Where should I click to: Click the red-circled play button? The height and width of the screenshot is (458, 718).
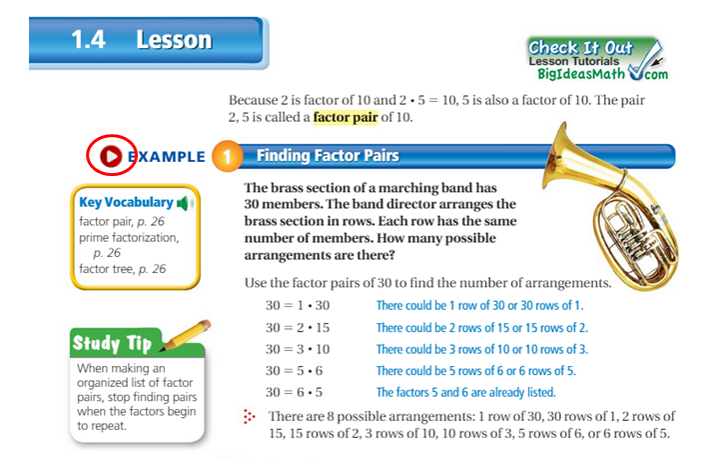(x=110, y=156)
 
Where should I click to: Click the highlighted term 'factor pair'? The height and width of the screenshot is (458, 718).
(x=347, y=118)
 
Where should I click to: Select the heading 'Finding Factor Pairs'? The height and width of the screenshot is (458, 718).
(x=328, y=156)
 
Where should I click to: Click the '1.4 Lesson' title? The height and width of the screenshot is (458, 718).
(x=141, y=41)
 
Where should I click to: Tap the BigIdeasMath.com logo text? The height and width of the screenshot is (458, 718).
(x=598, y=73)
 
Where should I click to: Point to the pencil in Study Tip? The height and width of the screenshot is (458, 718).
(x=185, y=334)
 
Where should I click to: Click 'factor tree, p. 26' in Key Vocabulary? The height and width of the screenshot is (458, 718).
(x=122, y=269)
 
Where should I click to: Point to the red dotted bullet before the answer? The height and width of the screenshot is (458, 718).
(x=249, y=415)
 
